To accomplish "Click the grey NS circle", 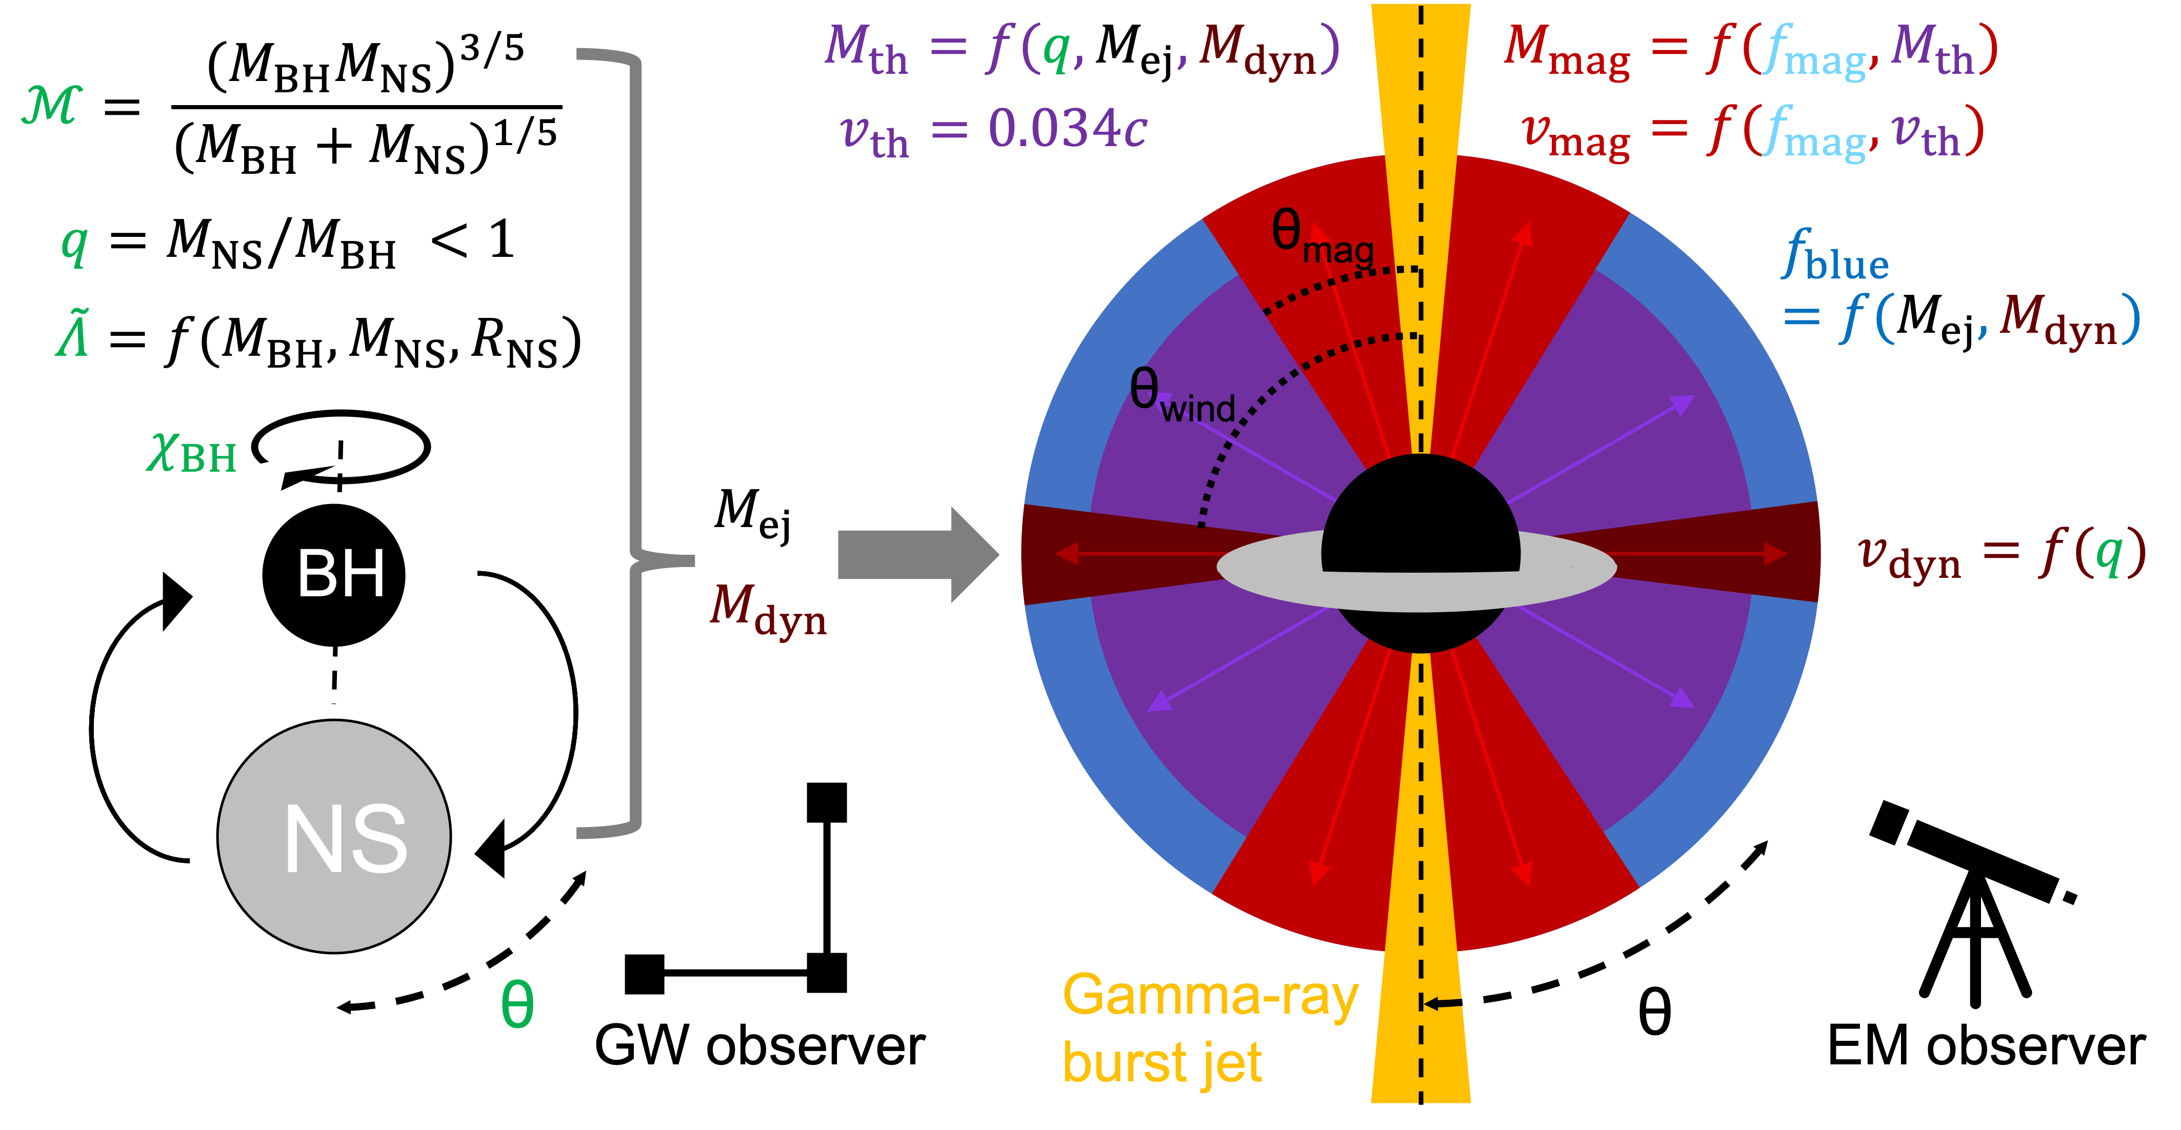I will coord(334,836).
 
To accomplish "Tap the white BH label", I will coord(341,574).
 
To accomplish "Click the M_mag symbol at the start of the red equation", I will coord(1566,51).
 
